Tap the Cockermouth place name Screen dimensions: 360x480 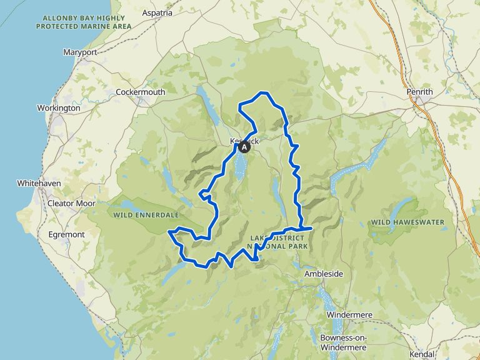[141, 92]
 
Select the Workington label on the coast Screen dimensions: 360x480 [59, 108]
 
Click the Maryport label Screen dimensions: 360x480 [81, 52]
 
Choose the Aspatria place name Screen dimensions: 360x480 [157, 12]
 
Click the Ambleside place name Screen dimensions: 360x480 [324, 274]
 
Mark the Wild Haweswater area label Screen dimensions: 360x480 [407, 222]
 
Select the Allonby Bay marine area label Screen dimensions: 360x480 [83, 22]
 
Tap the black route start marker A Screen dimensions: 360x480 [244, 147]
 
